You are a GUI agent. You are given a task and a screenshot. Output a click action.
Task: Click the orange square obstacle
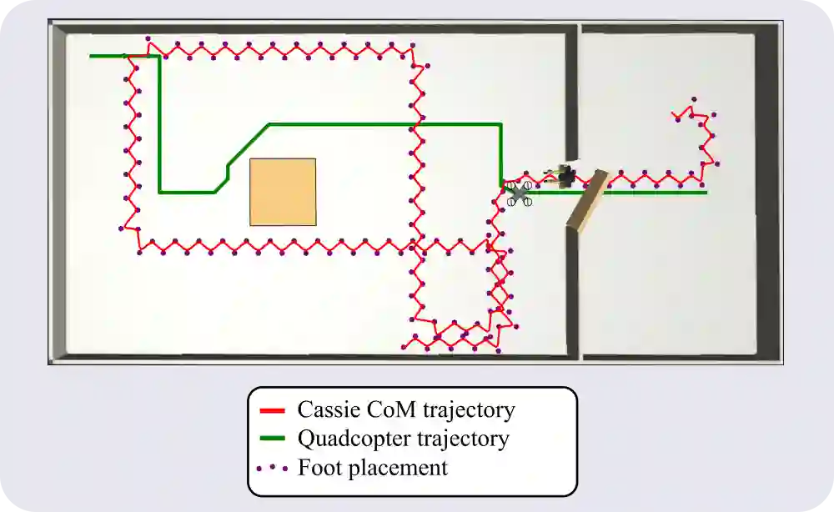coord(283,192)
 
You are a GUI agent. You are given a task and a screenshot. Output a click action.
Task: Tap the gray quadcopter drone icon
coord(520,193)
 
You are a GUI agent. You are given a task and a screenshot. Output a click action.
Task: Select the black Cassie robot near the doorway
coord(565,175)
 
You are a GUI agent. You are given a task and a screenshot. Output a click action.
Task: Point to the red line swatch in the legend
coord(273,411)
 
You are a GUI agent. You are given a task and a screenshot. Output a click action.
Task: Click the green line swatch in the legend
coord(273,439)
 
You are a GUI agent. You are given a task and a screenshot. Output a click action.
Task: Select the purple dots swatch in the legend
coord(273,468)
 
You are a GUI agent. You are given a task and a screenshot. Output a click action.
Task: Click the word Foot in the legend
coord(316,467)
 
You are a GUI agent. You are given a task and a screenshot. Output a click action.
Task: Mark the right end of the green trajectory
coord(706,192)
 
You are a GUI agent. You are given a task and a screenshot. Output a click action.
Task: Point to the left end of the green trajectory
coord(91,56)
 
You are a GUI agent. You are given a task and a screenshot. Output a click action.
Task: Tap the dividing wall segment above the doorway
coord(572,92)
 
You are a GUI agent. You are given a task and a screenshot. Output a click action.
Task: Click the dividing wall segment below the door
coord(572,292)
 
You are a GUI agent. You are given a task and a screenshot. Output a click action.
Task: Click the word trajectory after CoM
coord(469,411)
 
